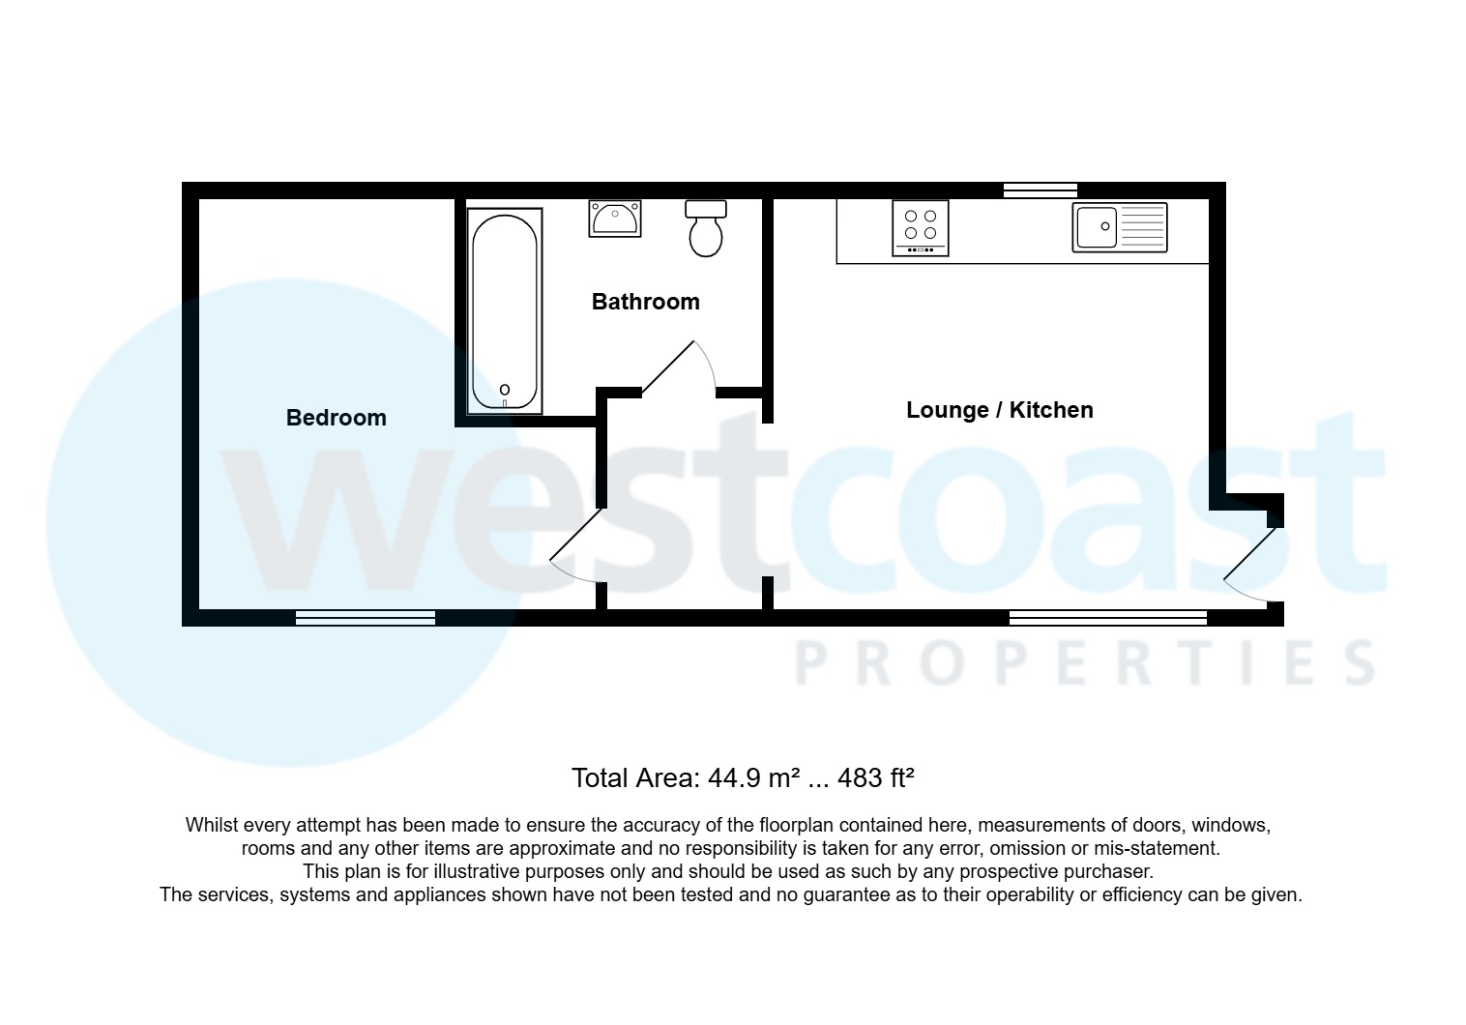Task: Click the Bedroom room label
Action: [337, 418]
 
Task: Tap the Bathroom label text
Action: [646, 302]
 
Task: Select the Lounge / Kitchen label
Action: [1000, 410]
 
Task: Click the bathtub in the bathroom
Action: [505, 311]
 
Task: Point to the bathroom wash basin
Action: [615, 219]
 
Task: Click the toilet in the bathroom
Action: [706, 228]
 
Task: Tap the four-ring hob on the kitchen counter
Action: [921, 228]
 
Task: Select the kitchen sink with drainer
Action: [1120, 227]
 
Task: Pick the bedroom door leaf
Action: [575, 535]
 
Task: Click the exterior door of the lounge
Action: [1249, 555]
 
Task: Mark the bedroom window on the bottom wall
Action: [366, 618]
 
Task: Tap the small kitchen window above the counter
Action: [1041, 190]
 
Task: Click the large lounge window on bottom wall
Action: [1108, 618]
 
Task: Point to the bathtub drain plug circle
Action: [505, 390]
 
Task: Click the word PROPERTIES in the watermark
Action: [1084, 663]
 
